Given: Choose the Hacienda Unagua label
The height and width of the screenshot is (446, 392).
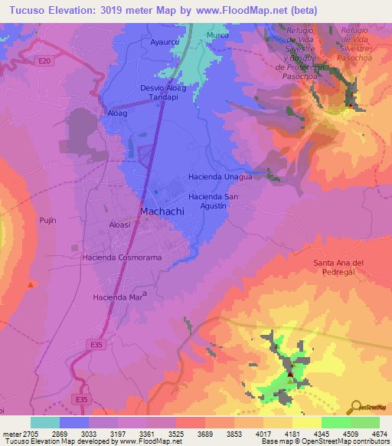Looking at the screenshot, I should tap(220, 176).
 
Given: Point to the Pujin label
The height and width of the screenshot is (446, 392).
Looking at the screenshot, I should tap(47, 220).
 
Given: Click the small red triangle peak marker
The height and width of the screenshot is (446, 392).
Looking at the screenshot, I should tap(31, 284).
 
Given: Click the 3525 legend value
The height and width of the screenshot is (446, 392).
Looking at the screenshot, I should tap(175, 433).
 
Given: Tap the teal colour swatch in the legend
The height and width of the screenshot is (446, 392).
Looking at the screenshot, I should tap(45, 422).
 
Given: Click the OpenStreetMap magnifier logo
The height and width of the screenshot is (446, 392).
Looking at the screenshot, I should tap(355, 407).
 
